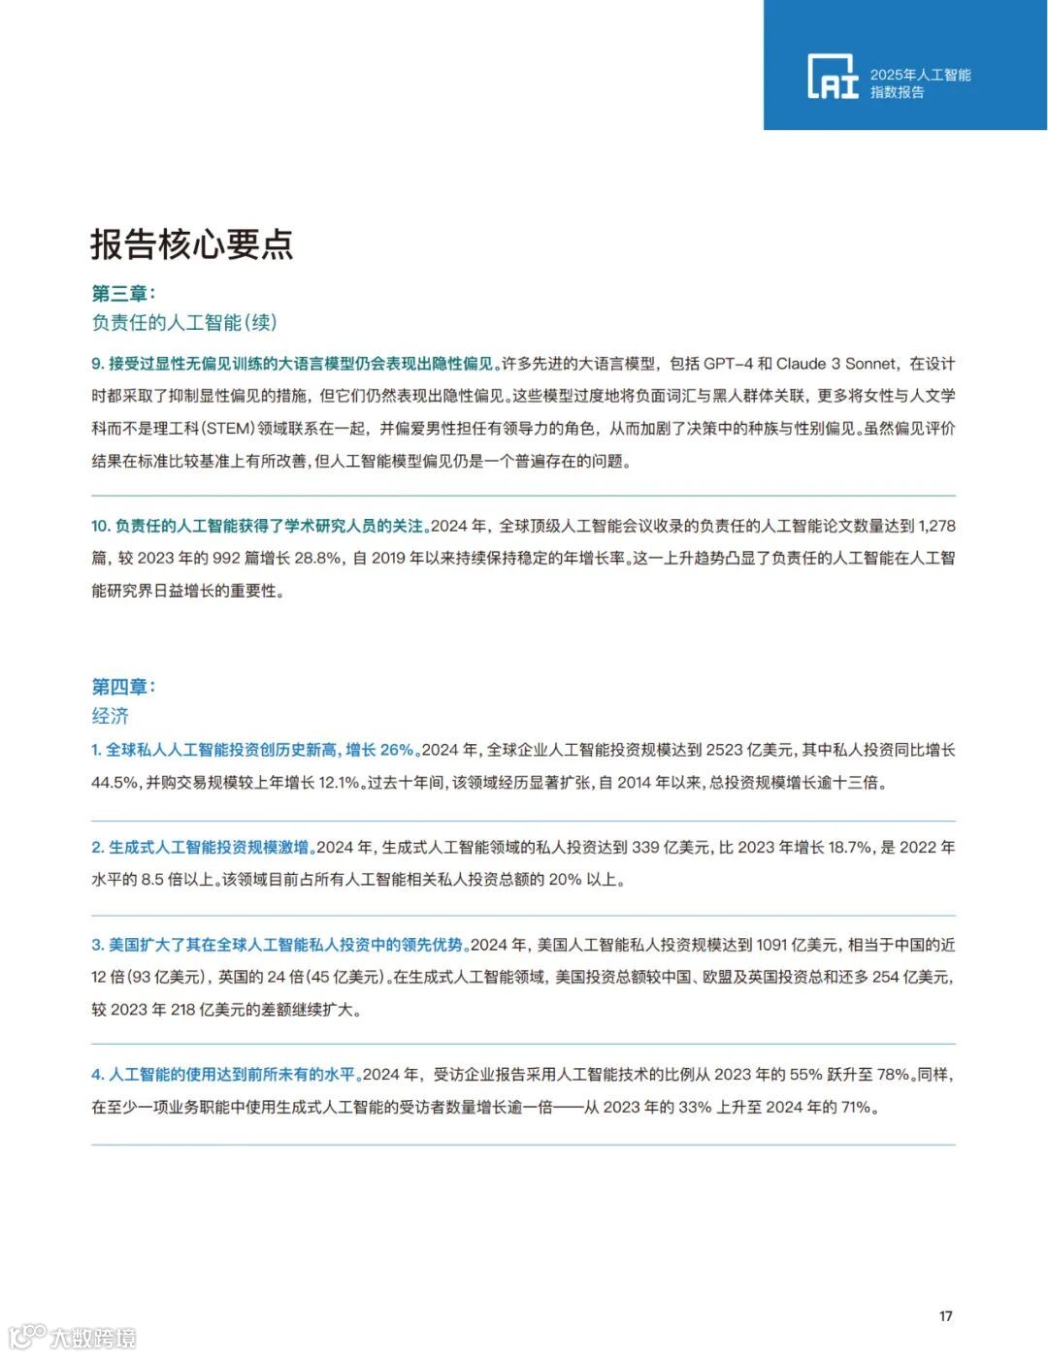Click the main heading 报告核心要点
[191, 243]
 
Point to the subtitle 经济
[110, 716]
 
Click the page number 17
[945, 1316]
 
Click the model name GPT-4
[728, 364]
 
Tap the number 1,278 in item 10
[936, 526]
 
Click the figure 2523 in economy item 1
[724, 750]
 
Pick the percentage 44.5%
[115, 782]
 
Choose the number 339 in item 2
[645, 847]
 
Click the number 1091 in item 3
[771, 945]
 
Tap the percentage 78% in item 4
[894, 1074]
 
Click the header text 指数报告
[897, 92]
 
